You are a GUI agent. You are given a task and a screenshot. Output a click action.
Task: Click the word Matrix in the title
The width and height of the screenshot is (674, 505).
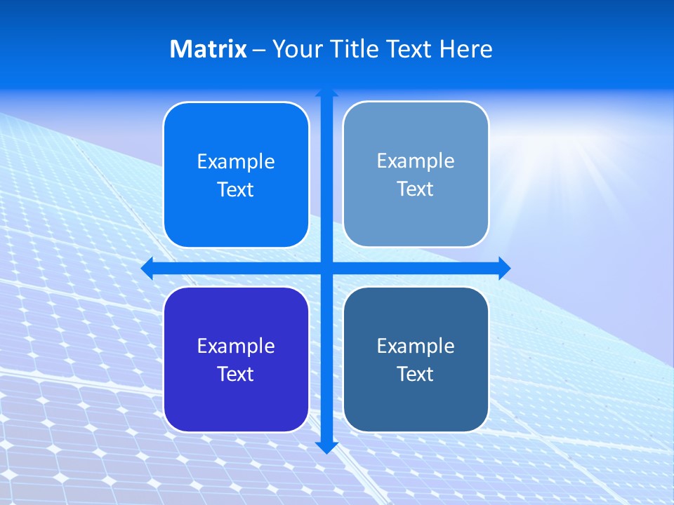pos(208,49)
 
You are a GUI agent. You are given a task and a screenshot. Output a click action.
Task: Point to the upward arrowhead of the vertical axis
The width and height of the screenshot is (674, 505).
pos(326,93)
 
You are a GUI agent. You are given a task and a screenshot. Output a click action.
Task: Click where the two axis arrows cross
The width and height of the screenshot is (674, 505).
pos(326,268)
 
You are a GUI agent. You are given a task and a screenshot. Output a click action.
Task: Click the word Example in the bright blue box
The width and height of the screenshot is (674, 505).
pos(236,161)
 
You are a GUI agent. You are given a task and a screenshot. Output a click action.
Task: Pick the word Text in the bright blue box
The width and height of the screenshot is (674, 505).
pos(236,190)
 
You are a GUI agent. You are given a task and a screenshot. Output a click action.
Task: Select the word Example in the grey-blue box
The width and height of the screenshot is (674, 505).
pos(416,161)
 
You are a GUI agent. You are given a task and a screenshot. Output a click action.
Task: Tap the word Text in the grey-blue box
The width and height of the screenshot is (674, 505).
pos(416,189)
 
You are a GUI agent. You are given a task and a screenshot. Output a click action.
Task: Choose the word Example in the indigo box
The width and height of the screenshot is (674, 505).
pos(236,346)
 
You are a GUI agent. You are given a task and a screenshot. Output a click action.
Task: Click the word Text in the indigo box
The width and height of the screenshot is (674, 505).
pos(236,375)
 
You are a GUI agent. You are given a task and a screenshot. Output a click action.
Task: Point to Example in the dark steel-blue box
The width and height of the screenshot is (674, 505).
pos(416,346)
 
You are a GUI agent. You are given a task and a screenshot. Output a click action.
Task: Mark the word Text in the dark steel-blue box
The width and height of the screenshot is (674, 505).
pos(416,375)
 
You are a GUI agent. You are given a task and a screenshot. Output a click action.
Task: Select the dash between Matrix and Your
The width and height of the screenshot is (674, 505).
pos(259,50)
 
